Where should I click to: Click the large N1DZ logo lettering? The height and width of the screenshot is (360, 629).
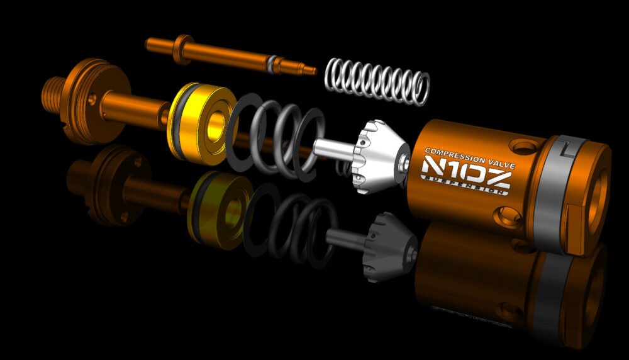pos(466,172)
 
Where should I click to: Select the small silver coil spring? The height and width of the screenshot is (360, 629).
pos(377,81)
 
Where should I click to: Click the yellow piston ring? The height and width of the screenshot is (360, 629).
pos(202,124)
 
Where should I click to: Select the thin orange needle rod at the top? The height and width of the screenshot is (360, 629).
pos(231,55)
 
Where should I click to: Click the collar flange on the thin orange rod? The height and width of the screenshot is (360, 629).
pos(183,49)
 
